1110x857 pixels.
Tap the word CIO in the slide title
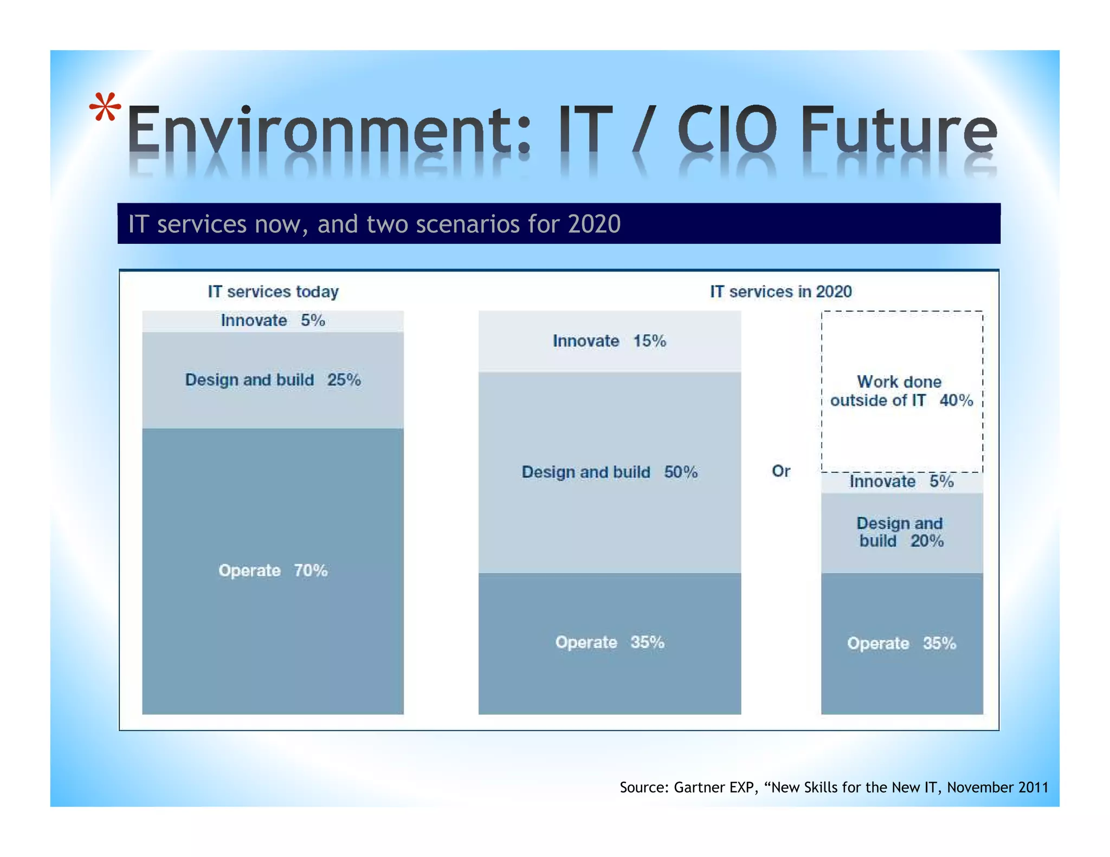point(726,130)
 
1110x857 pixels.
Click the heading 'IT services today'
point(273,292)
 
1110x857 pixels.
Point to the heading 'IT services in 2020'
point(780,292)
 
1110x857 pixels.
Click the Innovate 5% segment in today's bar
point(273,321)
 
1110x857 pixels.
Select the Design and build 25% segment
point(273,380)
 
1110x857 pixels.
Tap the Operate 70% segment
point(273,570)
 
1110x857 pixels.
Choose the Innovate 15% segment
point(609,341)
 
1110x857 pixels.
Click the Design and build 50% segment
point(609,472)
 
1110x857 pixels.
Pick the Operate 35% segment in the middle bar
point(609,642)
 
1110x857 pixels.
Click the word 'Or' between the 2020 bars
point(780,471)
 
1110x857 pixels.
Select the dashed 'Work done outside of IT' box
point(901,391)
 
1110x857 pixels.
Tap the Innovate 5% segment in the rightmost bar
point(901,482)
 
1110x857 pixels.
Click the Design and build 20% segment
point(901,533)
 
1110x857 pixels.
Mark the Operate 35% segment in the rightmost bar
point(901,644)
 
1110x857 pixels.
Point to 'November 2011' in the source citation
point(997,787)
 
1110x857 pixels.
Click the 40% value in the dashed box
point(956,401)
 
